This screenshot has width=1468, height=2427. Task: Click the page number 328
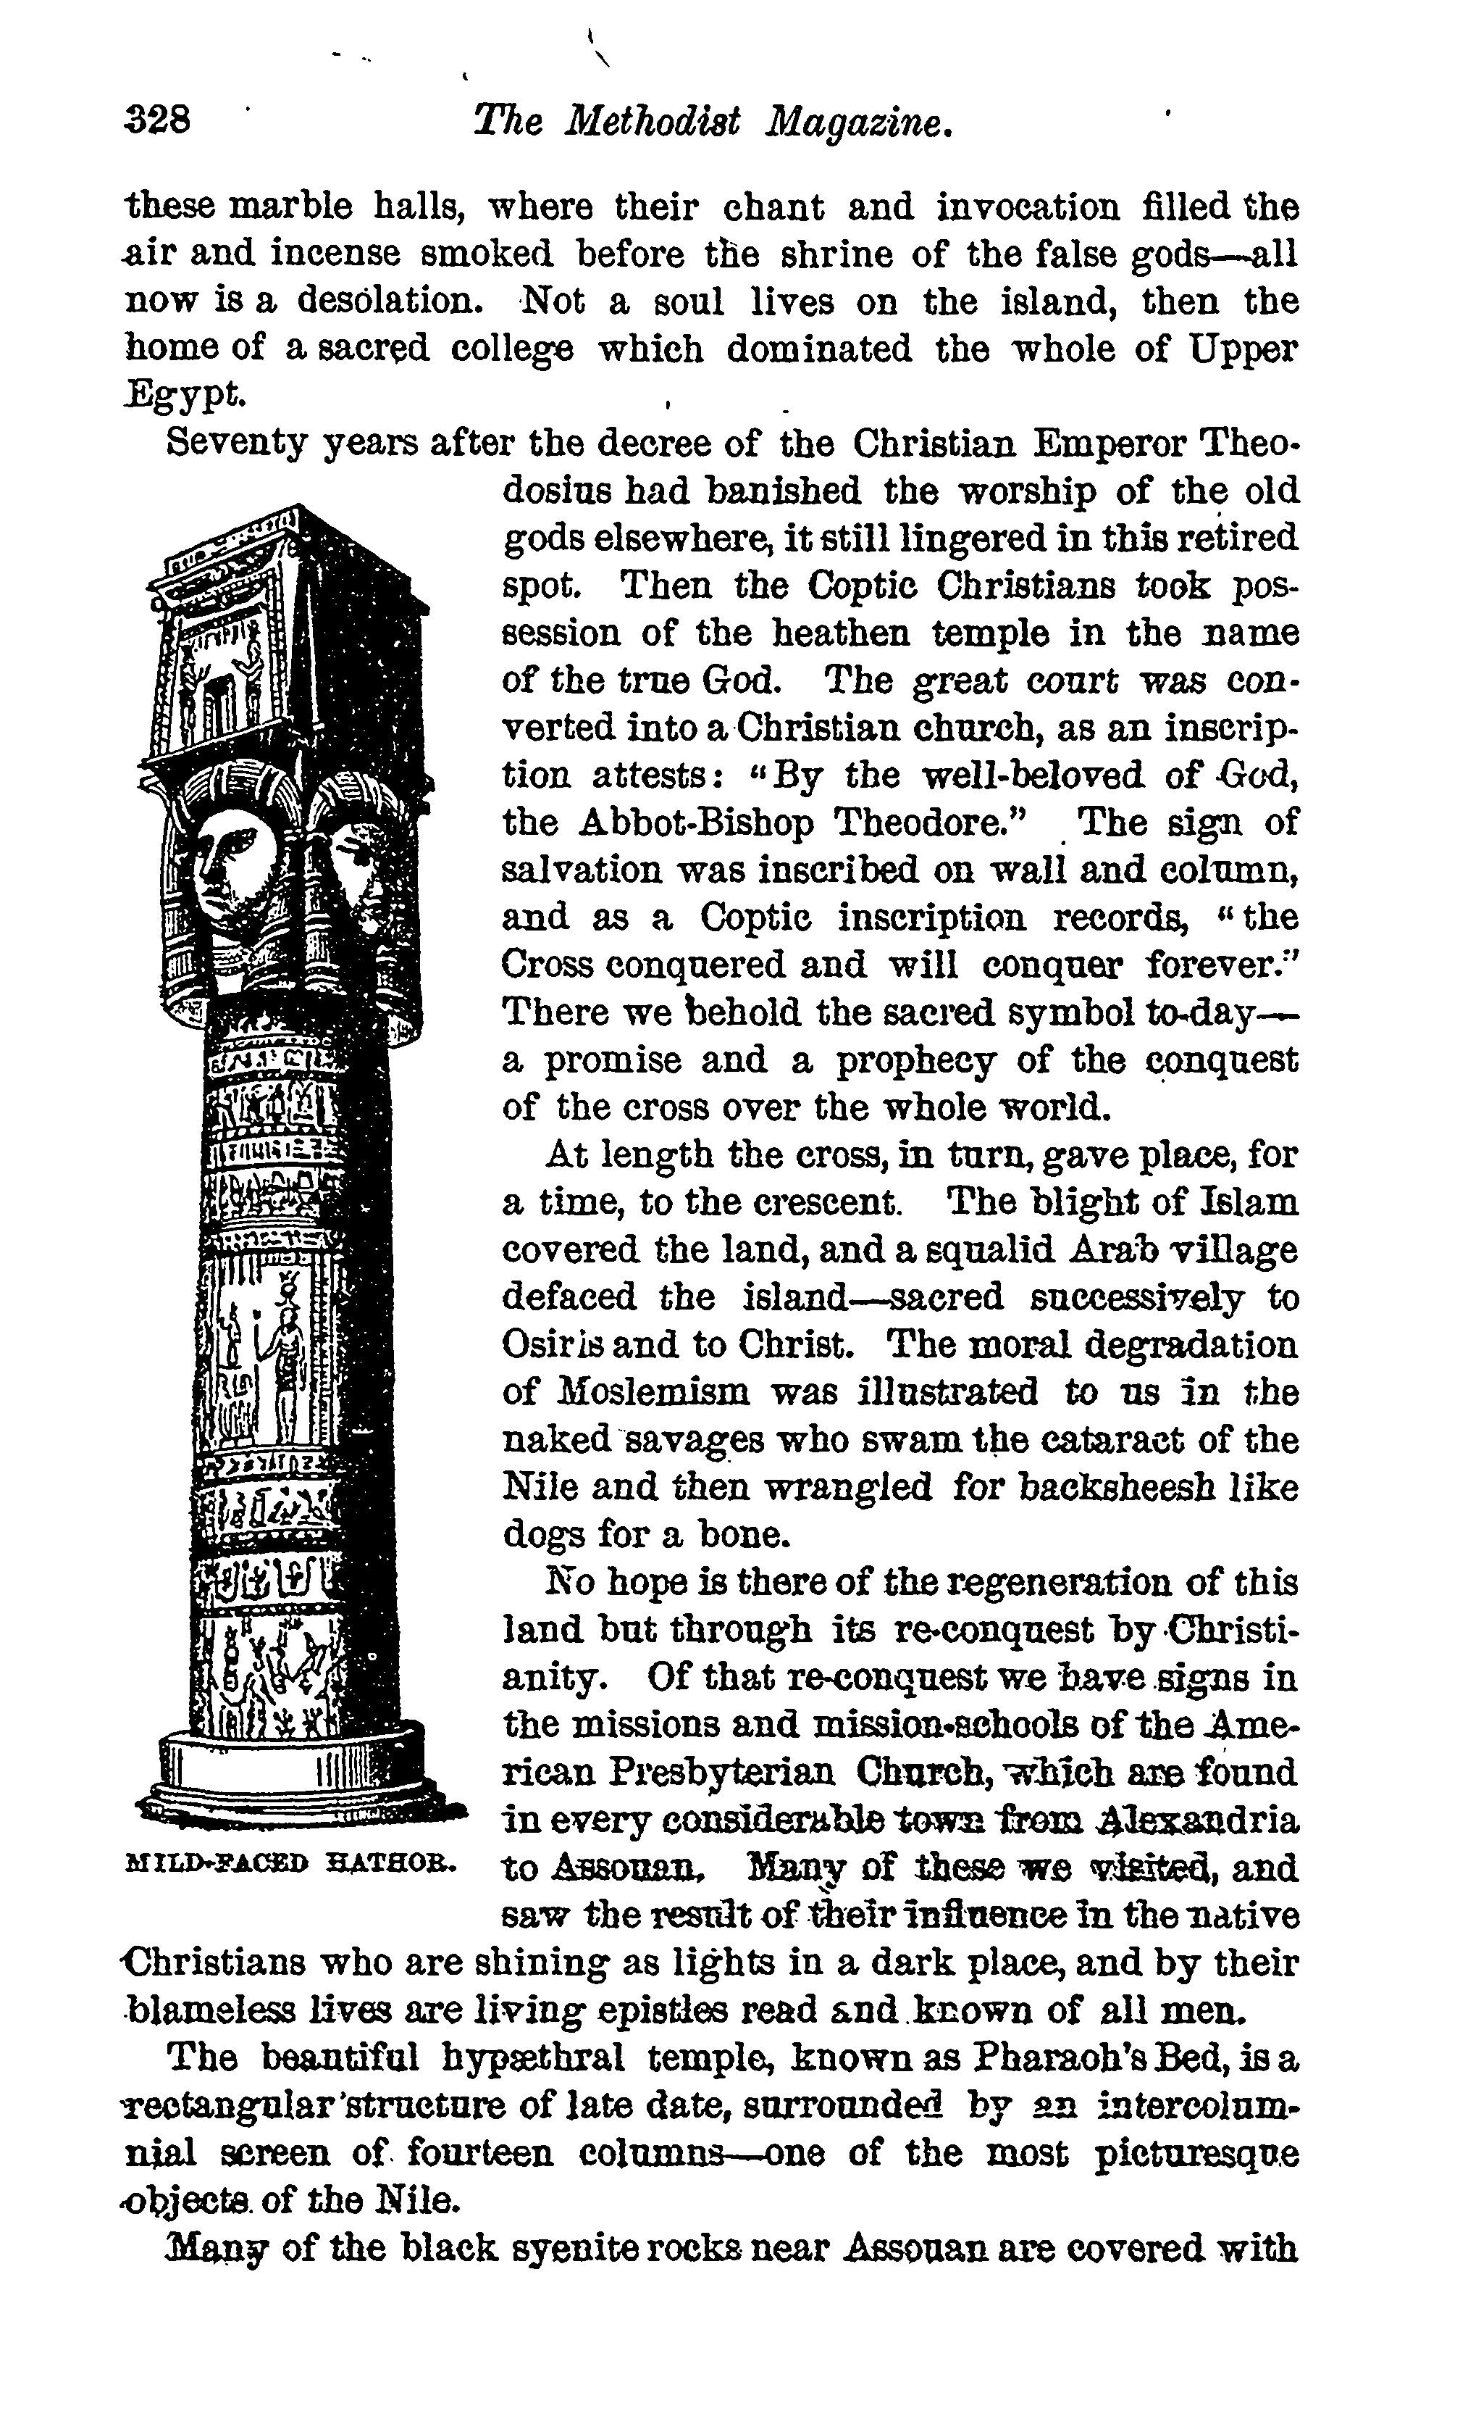(x=159, y=122)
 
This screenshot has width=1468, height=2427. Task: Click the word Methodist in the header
(x=653, y=122)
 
